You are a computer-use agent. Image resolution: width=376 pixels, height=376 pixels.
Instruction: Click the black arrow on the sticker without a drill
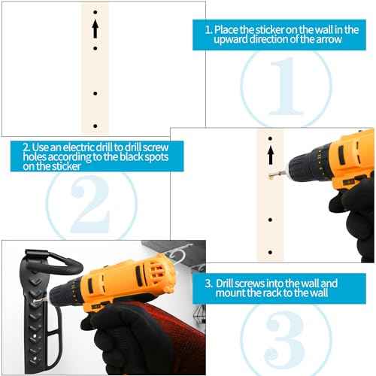(x=96, y=29)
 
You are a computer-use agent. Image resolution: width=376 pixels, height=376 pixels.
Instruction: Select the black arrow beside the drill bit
(x=270, y=156)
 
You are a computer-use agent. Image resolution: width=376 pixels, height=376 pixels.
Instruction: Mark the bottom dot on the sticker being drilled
(x=270, y=252)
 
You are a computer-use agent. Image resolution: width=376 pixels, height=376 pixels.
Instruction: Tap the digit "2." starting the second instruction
(x=26, y=146)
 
